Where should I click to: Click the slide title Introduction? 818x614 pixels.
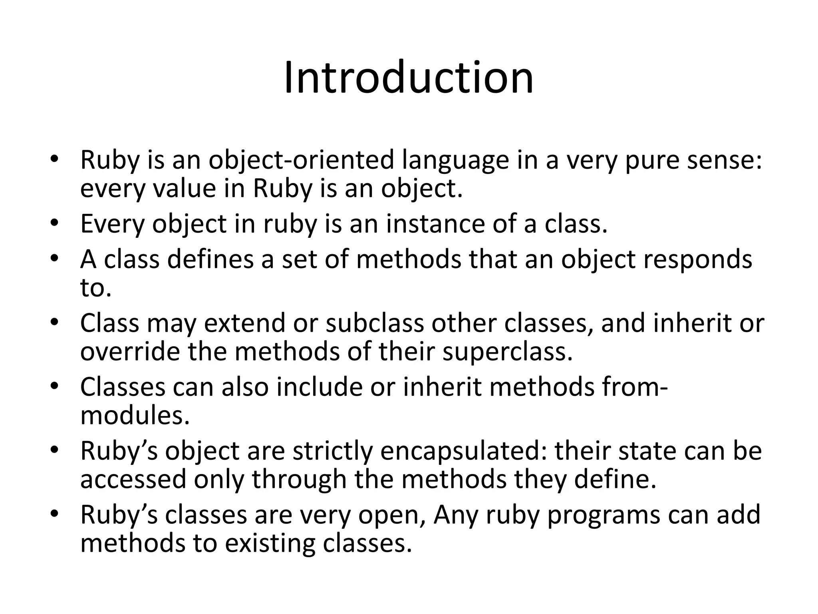pyautogui.click(x=409, y=78)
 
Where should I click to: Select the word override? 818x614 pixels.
pyautogui.click(x=130, y=351)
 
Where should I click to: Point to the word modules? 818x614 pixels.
pyautogui.click(x=135, y=415)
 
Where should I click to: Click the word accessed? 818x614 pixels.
pyautogui.click(x=133, y=479)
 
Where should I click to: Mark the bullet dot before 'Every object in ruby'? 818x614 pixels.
pyautogui.click(x=55, y=222)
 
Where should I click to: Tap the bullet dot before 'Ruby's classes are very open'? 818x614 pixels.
pyautogui.click(x=55, y=513)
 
